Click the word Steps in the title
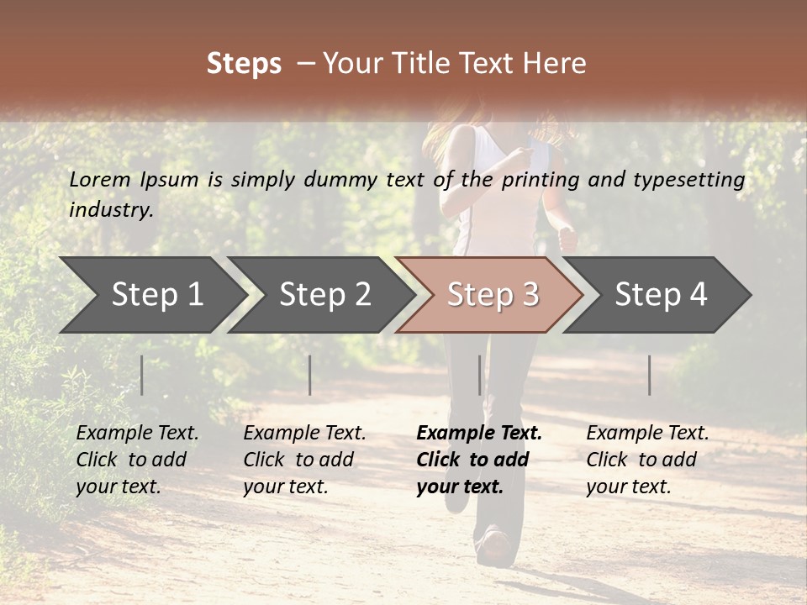[244, 64]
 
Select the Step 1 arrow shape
[151, 295]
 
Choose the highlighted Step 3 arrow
[489, 295]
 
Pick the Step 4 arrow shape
[657, 295]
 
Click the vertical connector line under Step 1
[142, 375]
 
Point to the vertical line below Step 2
[310, 375]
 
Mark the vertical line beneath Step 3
[480, 375]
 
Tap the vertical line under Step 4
[650, 375]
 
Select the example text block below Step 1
[137, 460]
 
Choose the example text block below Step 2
[304, 460]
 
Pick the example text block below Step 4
[647, 460]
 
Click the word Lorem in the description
[99, 180]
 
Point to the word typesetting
[695, 180]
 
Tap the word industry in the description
[110, 210]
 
